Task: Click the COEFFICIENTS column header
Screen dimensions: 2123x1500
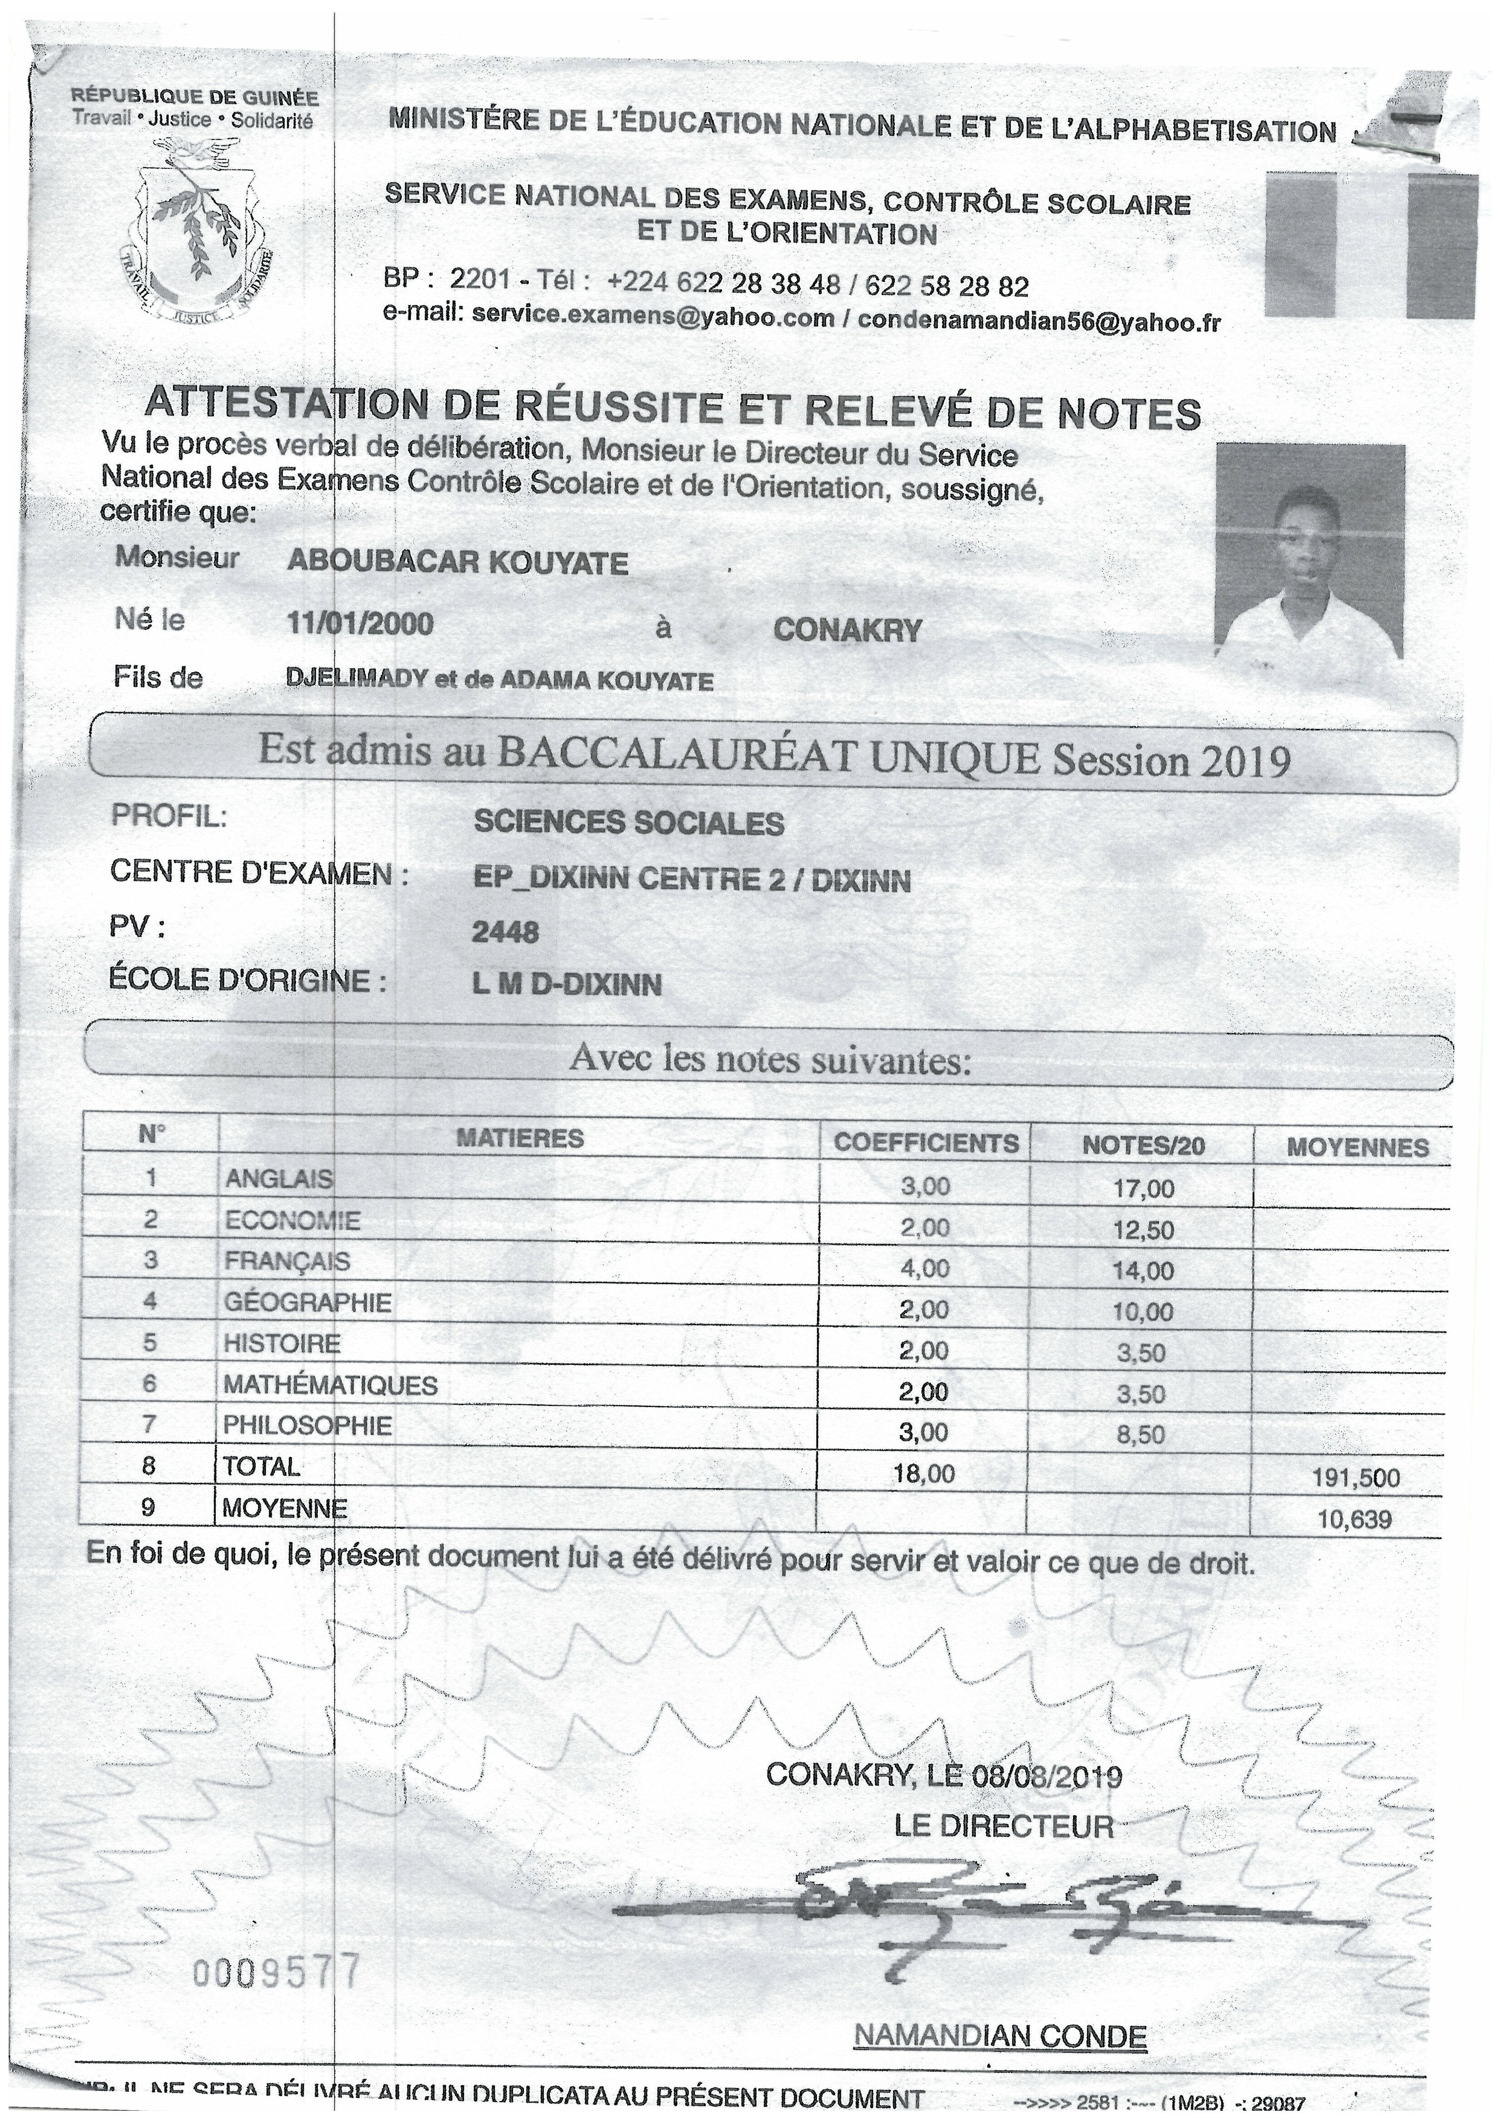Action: tap(926, 1143)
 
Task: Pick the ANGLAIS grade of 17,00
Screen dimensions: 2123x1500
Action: tap(1143, 1188)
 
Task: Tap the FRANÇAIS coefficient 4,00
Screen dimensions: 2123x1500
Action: tap(925, 1268)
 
